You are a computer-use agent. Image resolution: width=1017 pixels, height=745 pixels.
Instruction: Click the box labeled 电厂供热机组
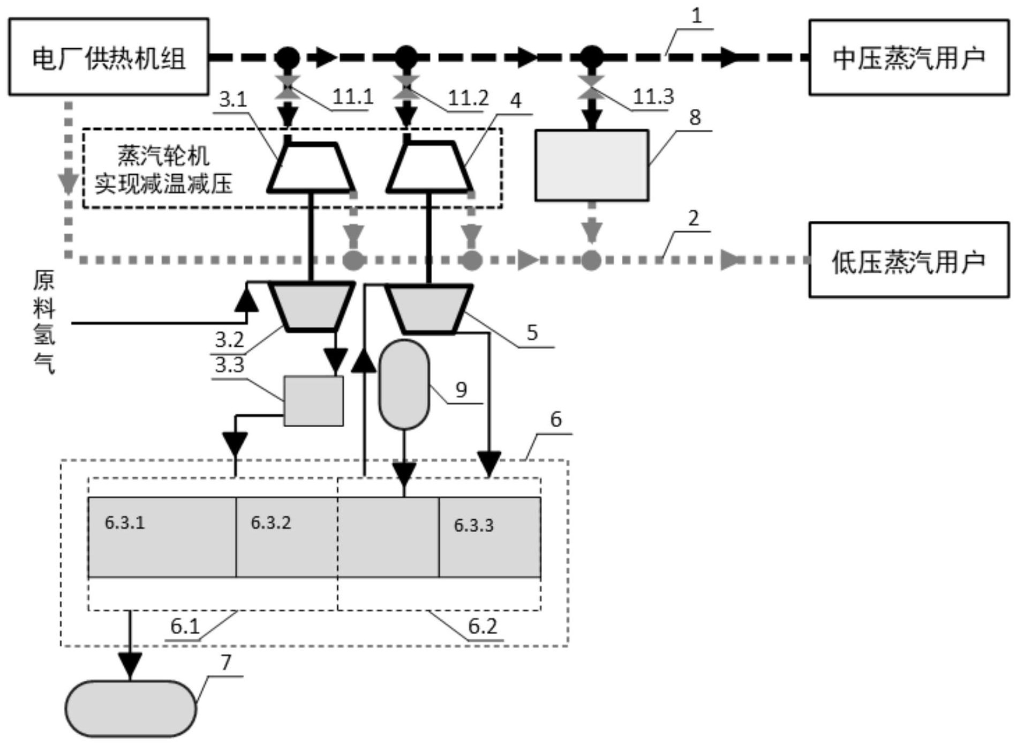pos(109,57)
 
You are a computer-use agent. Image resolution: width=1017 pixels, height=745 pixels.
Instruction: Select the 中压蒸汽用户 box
pos(908,57)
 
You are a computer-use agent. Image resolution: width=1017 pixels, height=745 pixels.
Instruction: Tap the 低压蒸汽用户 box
pos(908,260)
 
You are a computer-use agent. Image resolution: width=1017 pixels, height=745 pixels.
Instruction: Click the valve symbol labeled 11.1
pos(288,87)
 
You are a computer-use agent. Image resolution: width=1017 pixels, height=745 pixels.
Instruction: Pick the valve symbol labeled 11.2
pos(406,87)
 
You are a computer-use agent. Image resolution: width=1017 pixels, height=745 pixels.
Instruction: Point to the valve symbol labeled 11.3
pos(591,87)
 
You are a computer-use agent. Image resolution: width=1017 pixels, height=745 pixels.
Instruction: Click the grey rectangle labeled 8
pos(592,165)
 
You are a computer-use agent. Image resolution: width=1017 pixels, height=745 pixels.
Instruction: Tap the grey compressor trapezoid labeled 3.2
pos(312,306)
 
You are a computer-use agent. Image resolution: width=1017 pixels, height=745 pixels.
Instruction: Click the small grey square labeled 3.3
pos(313,401)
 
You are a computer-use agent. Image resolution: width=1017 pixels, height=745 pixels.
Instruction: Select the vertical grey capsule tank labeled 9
pos(404,385)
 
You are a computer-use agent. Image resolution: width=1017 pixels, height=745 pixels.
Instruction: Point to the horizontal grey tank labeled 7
pos(131,708)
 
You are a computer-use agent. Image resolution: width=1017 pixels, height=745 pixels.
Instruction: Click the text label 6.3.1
pos(125,523)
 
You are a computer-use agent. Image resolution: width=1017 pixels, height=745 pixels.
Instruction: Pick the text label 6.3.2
pos(271,523)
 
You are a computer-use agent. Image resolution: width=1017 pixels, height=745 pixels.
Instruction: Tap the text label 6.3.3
pos(474,525)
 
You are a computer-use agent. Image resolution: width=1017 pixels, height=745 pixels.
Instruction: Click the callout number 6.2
pos(483,626)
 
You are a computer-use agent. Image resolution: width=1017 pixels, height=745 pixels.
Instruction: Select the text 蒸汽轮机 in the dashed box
pos(163,155)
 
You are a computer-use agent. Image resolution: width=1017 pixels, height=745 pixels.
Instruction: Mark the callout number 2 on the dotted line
pos(694,218)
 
